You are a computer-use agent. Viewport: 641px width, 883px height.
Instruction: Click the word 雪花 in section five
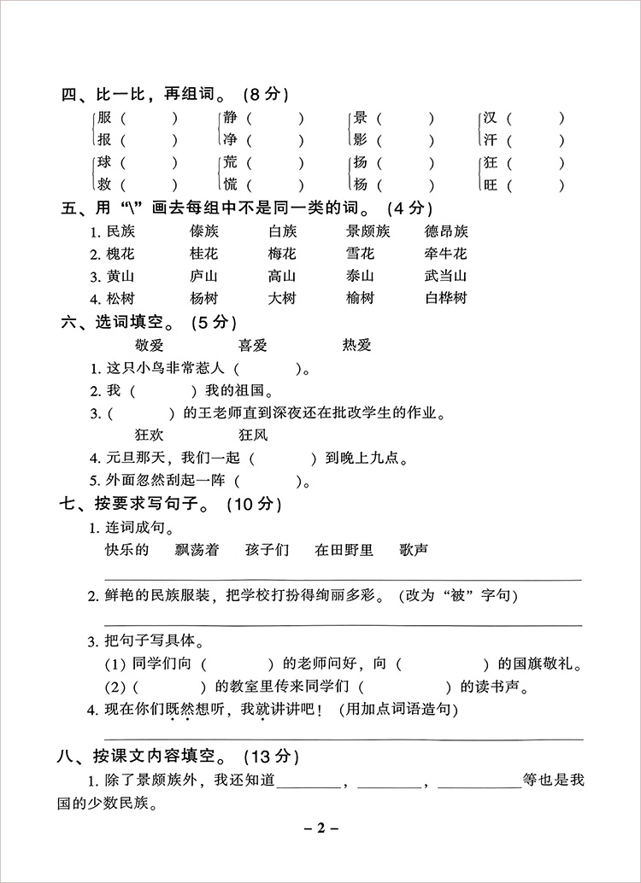point(360,254)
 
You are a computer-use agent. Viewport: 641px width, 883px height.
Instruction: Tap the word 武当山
point(446,276)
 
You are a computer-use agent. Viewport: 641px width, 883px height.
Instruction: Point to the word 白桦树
point(446,298)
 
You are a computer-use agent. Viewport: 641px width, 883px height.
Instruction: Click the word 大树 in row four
point(281,298)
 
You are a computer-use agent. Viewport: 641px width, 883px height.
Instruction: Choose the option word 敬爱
point(150,344)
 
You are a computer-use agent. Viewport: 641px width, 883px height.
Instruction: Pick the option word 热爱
point(357,344)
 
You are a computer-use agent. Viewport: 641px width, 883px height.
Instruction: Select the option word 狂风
point(253,435)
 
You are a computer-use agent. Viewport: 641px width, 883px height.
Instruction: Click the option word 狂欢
point(150,435)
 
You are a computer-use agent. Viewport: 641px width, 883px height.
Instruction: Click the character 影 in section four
point(359,139)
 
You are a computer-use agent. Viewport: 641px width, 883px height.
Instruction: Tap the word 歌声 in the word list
point(414,549)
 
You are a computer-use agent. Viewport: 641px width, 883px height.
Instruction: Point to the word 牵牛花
point(446,254)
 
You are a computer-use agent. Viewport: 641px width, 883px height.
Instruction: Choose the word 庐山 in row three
point(203,276)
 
